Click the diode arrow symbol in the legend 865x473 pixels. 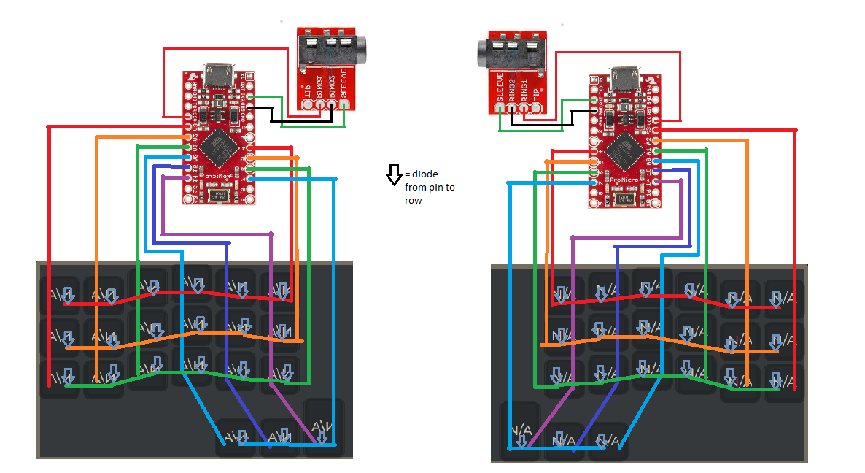click(393, 174)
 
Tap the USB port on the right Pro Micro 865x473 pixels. click(625, 76)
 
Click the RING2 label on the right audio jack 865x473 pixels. click(512, 89)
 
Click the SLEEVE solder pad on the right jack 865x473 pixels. click(500, 108)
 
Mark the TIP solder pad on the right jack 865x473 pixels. click(538, 108)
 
